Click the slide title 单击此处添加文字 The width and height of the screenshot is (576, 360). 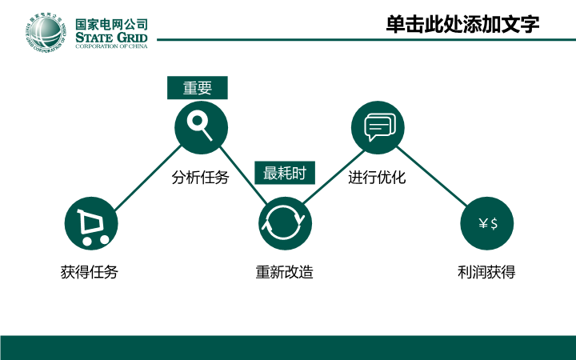click(462, 25)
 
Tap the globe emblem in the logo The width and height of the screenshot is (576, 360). click(46, 32)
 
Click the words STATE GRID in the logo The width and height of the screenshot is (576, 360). click(111, 38)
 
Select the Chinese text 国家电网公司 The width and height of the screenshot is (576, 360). click(111, 25)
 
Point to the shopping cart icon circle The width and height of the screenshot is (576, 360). click(91, 223)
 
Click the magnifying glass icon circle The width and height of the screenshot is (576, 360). click(201, 127)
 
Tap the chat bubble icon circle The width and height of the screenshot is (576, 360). click(378, 127)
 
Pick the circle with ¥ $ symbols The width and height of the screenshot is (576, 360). click(486, 223)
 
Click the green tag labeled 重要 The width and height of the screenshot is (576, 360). click(198, 88)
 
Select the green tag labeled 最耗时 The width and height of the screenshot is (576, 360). click(285, 173)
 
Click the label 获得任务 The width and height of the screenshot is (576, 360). click(90, 272)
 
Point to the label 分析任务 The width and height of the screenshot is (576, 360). click(200, 178)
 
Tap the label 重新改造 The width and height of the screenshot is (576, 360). click(285, 272)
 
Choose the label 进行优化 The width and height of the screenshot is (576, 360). click(377, 178)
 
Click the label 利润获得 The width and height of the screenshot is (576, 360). click(486, 272)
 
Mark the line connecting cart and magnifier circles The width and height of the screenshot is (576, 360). click(148, 178)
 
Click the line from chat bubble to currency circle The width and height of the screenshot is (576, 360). click(432, 176)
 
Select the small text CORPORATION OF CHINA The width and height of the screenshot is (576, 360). click(111, 46)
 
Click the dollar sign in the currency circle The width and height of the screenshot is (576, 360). click(494, 223)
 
